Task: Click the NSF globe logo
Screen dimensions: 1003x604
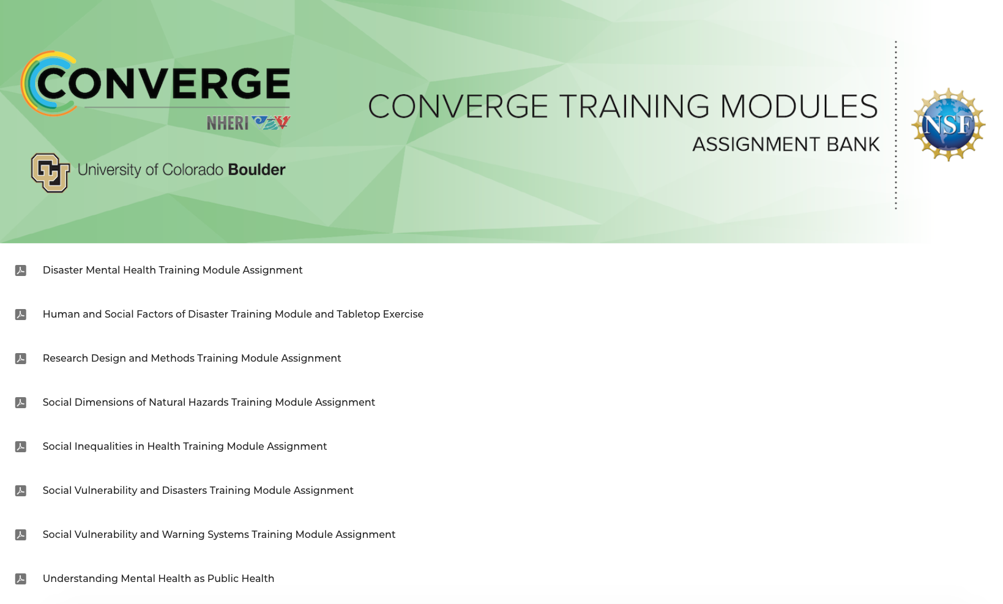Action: [x=948, y=124]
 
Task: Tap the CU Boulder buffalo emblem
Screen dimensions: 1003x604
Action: [x=50, y=173]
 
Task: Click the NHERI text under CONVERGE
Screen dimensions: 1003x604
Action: [x=228, y=122]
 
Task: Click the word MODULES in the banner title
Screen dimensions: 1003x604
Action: [x=799, y=106]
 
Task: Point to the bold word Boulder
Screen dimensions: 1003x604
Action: [x=256, y=170]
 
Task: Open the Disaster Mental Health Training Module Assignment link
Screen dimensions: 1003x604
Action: [x=173, y=270]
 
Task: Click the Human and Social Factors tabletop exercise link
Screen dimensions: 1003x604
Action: [x=233, y=315]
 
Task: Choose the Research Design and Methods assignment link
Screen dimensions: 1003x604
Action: [x=192, y=358]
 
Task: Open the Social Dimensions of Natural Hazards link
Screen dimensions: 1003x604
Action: [x=209, y=402]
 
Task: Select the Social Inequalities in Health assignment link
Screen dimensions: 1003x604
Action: [x=184, y=446]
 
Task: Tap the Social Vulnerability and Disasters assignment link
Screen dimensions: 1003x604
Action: [x=198, y=490]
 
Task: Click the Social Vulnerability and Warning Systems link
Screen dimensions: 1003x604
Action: [x=219, y=534]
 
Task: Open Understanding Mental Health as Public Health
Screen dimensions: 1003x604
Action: [x=158, y=578]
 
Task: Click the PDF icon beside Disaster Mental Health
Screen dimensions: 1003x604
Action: [x=21, y=270]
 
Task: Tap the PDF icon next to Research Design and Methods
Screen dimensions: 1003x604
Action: [x=21, y=359]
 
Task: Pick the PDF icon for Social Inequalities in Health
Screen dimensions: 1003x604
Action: [x=21, y=447]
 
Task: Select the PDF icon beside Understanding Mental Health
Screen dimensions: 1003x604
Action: [x=21, y=579]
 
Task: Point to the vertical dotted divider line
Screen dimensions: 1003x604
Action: [x=895, y=125]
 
